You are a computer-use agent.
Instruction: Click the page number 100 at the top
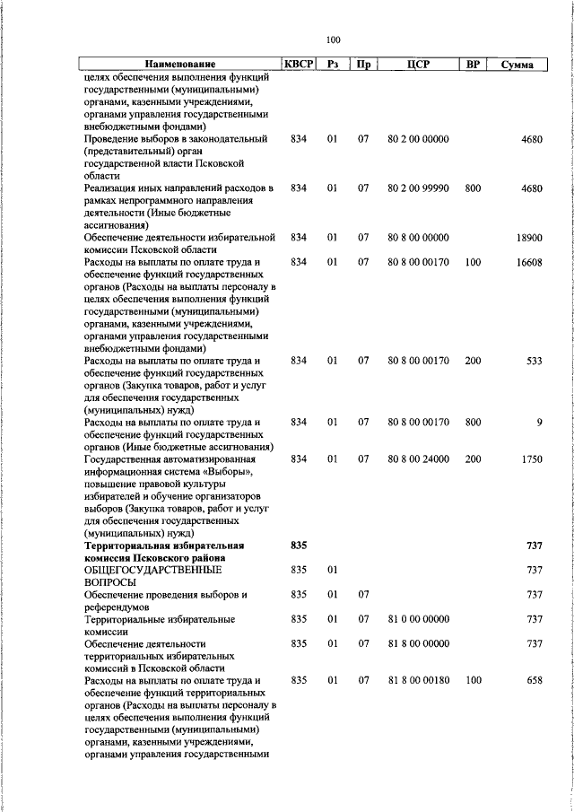[334, 39]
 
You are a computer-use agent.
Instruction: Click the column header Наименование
[181, 65]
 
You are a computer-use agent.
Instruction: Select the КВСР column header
[299, 65]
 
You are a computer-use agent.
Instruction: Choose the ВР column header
[474, 65]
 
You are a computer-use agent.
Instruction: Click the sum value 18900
[529, 238]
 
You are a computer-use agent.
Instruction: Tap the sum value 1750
[532, 458]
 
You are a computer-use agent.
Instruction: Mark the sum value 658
[535, 680]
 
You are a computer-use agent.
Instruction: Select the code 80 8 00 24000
[418, 458]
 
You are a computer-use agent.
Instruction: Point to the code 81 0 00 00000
[418, 619]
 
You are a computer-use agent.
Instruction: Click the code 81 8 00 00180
[418, 680]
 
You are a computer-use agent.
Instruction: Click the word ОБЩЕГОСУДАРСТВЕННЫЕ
[152, 570]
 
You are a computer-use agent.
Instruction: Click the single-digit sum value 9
[540, 422]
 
